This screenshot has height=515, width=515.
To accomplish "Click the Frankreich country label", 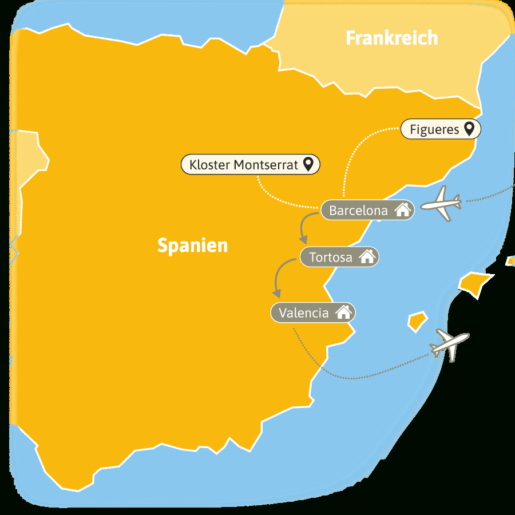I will pyautogui.click(x=392, y=38).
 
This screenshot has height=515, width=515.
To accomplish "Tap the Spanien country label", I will pyautogui.click(x=192, y=245).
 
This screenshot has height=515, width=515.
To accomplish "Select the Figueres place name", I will pyautogui.click(x=434, y=129).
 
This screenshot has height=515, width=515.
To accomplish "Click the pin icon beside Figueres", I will pyautogui.click(x=470, y=129).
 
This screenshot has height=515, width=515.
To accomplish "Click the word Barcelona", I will pyautogui.click(x=358, y=211).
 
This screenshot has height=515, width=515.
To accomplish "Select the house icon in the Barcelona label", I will pyautogui.click(x=403, y=210).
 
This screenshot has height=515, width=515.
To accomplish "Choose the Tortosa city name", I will pyautogui.click(x=331, y=257).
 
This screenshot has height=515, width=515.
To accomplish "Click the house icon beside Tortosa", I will pyautogui.click(x=367, y=257).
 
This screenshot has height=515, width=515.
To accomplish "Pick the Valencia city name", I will pyautogui.click(x=304, y=313).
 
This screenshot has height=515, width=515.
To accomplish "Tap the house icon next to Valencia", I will pyautogui.click(x=343, y=312).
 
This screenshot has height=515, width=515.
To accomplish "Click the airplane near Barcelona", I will pyautogui.click(x=441, y=203).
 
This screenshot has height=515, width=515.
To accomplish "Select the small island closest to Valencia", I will pyautogui.click(x=418, y=320).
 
